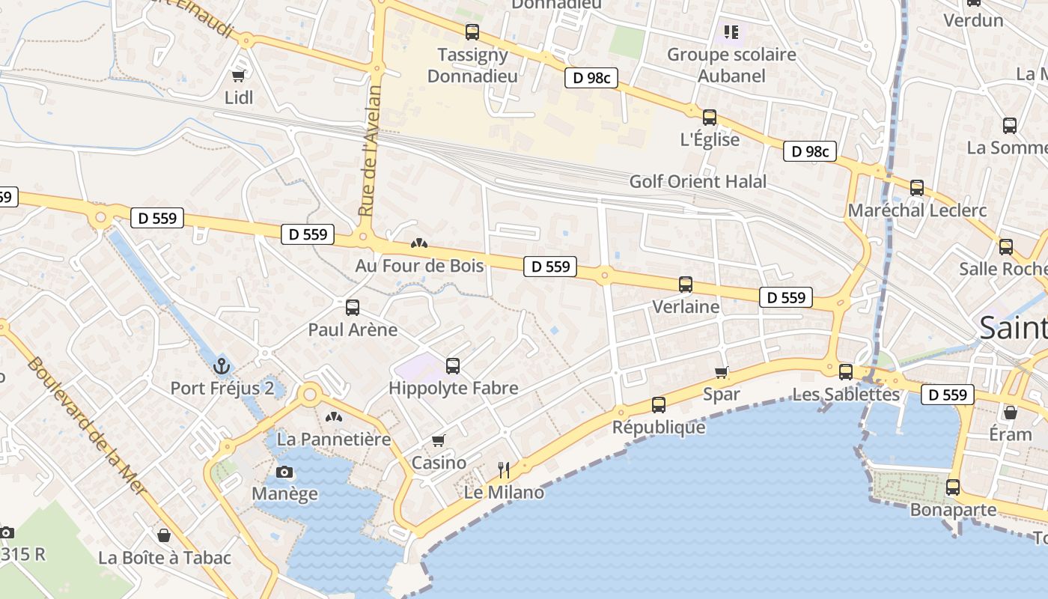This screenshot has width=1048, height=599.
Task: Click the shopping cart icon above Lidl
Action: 239,75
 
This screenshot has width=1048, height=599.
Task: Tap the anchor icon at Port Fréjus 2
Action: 221,366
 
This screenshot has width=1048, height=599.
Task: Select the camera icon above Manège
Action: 284,472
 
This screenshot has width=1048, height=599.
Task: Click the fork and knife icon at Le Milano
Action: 504,470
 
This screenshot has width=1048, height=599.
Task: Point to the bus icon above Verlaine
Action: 686,285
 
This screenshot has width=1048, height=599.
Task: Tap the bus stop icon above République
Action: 659,405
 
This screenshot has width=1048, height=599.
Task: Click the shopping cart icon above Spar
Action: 722,372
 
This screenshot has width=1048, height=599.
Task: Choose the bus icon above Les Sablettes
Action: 846,371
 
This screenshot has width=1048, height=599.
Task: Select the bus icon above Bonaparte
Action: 953,487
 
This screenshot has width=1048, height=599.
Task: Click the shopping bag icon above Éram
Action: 1011,413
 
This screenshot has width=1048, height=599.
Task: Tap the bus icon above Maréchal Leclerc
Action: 917,188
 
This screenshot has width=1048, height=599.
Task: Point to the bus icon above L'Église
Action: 710,118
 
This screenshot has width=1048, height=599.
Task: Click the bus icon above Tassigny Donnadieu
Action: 472,32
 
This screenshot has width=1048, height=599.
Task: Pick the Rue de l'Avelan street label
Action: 371,150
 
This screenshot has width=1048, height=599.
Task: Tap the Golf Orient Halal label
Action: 698,181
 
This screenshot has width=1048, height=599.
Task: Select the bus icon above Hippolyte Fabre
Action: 453,366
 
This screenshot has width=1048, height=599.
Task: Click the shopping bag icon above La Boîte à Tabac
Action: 164,535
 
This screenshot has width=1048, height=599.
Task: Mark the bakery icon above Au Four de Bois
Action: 419,243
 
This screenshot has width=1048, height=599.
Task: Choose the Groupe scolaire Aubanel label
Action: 731,64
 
